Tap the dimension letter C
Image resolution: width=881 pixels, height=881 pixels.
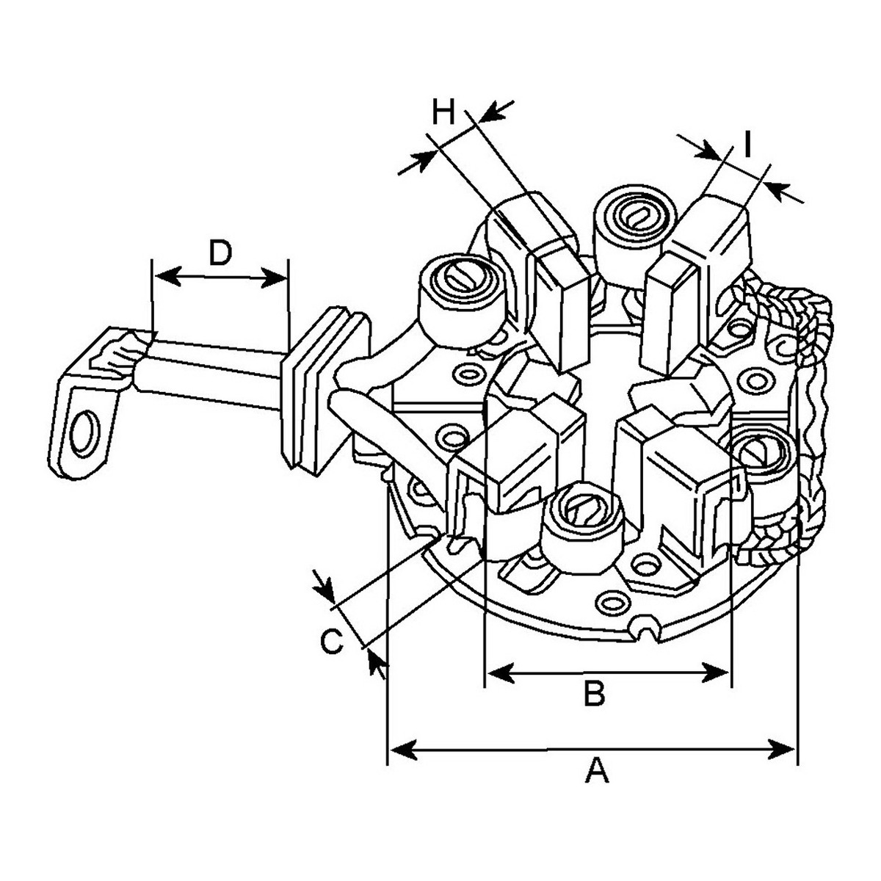(331, 641)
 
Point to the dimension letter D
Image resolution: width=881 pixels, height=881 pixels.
(220, 253)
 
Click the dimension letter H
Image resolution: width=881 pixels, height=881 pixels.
(443, 112)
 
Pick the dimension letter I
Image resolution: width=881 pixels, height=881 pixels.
(747, 145)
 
